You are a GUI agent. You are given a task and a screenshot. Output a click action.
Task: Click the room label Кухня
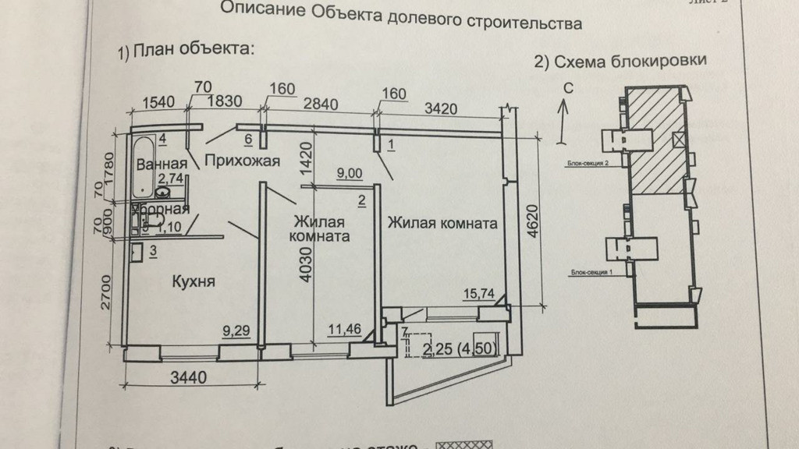(x=194, y=281)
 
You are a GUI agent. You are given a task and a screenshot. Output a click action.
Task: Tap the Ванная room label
(x=161, y=164)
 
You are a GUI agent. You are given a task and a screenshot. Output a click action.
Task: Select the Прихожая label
(x=242, y=161)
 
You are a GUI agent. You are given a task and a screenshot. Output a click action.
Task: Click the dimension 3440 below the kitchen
(x=187, y=379)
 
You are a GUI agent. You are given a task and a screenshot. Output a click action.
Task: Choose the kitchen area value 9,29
(x=236, y=330)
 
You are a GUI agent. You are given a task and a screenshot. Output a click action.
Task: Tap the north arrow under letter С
(x=563, y=121)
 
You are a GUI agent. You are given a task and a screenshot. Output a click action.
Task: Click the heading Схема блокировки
(x=620, y=62)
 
